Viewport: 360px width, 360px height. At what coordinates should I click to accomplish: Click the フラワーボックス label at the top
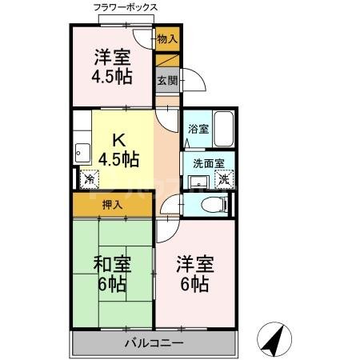[x=126, y=7]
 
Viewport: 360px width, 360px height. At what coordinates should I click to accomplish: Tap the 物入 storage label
[x=167, y=38]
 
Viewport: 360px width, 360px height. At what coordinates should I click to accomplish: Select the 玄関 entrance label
[x=166, y=80]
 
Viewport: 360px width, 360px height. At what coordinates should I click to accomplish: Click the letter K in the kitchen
[x=117, y=137]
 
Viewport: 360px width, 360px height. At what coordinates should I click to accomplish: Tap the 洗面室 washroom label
[x=208, y=163]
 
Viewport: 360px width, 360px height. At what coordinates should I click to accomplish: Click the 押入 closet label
[x=113, y=205]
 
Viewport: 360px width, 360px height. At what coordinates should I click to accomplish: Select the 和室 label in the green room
[x=112, y=264]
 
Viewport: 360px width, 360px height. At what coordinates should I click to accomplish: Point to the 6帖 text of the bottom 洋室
[x=194, y=285]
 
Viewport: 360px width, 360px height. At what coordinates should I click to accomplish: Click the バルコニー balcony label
[x=154, y=343]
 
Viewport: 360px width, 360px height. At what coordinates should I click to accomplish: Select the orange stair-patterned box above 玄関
[x=167, y=60]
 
